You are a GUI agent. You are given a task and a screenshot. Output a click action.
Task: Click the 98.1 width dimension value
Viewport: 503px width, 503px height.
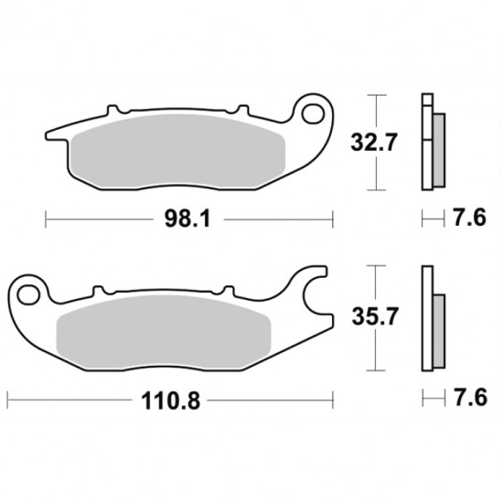(x=187, y=219)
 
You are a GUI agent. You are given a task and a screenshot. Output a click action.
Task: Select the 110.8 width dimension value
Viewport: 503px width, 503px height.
(x=170, y=401)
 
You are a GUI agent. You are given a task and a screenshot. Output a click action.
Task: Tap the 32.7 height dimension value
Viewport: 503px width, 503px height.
(x=374, y=143)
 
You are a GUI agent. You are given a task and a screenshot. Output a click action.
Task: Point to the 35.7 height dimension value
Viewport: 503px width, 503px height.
(x=375, y=316)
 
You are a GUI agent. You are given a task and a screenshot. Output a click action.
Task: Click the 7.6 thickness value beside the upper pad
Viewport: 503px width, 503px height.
(x=470, y=218)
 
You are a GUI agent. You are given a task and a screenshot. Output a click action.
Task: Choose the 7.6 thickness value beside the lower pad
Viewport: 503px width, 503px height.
(x=470, y=398)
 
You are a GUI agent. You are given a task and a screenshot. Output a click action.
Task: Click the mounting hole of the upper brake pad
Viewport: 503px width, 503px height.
(x=314, y=113)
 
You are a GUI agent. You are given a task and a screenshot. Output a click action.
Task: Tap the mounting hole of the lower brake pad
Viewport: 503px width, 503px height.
(x=29, y=294)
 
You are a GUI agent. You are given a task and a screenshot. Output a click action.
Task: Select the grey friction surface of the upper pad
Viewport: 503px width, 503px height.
(x=178, y=152)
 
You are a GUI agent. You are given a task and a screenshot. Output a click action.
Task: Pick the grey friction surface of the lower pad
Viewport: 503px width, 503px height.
(x=164, y=332)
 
